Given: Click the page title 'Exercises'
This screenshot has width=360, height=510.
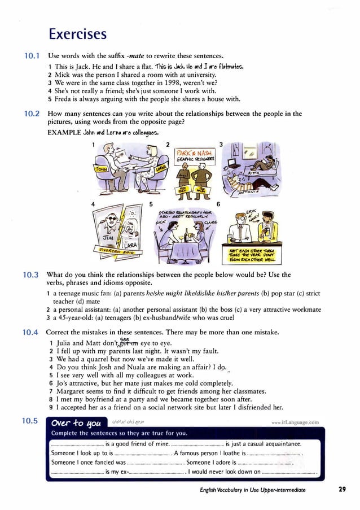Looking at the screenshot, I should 77,34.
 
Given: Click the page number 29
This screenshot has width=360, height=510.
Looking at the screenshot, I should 342,490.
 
